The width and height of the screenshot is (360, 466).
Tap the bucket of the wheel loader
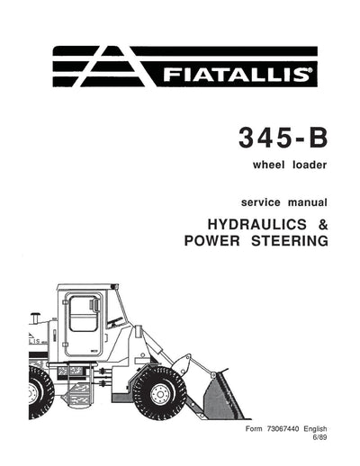click(221, 397)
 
